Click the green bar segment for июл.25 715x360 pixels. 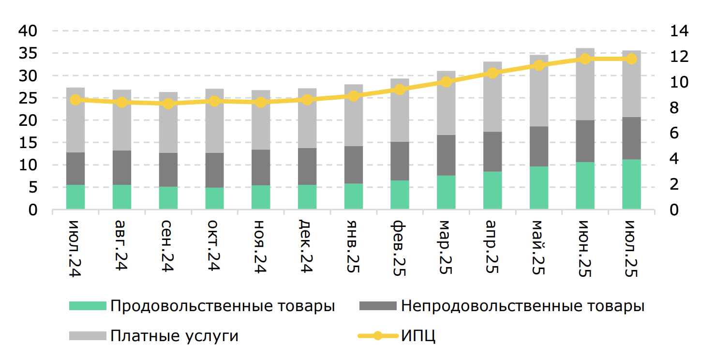pyautogui.click(x=631, y=184)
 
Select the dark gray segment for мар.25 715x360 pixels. pyautogui.click(x=446, y=155)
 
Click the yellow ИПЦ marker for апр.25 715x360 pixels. pyautogui.click(x=492, y=73)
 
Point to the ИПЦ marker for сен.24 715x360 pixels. pyautogui.click(x=168, y=104)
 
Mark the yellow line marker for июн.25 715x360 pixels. pyautogui.click(x=585, y=59)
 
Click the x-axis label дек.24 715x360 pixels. pyautogui.click(x=307, y=247)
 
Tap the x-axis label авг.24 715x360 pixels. pyautogui.click(x=121, y=247)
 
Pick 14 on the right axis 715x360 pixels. pyautogui.click(x=679, y=31)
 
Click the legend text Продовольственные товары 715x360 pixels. pyautogui.click(x=223, y=306)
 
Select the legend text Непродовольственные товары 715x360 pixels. pyautogui.click(x=522, y=306)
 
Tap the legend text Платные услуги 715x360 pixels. pyautogui.click(x=174, y=335)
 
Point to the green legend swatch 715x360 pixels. pyautogui.click(x=88, y=306)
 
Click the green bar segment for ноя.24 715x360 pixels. pyautogui.click(x=261, y=197)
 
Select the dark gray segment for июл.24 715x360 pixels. pyautogui.click(x=75, y=168)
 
